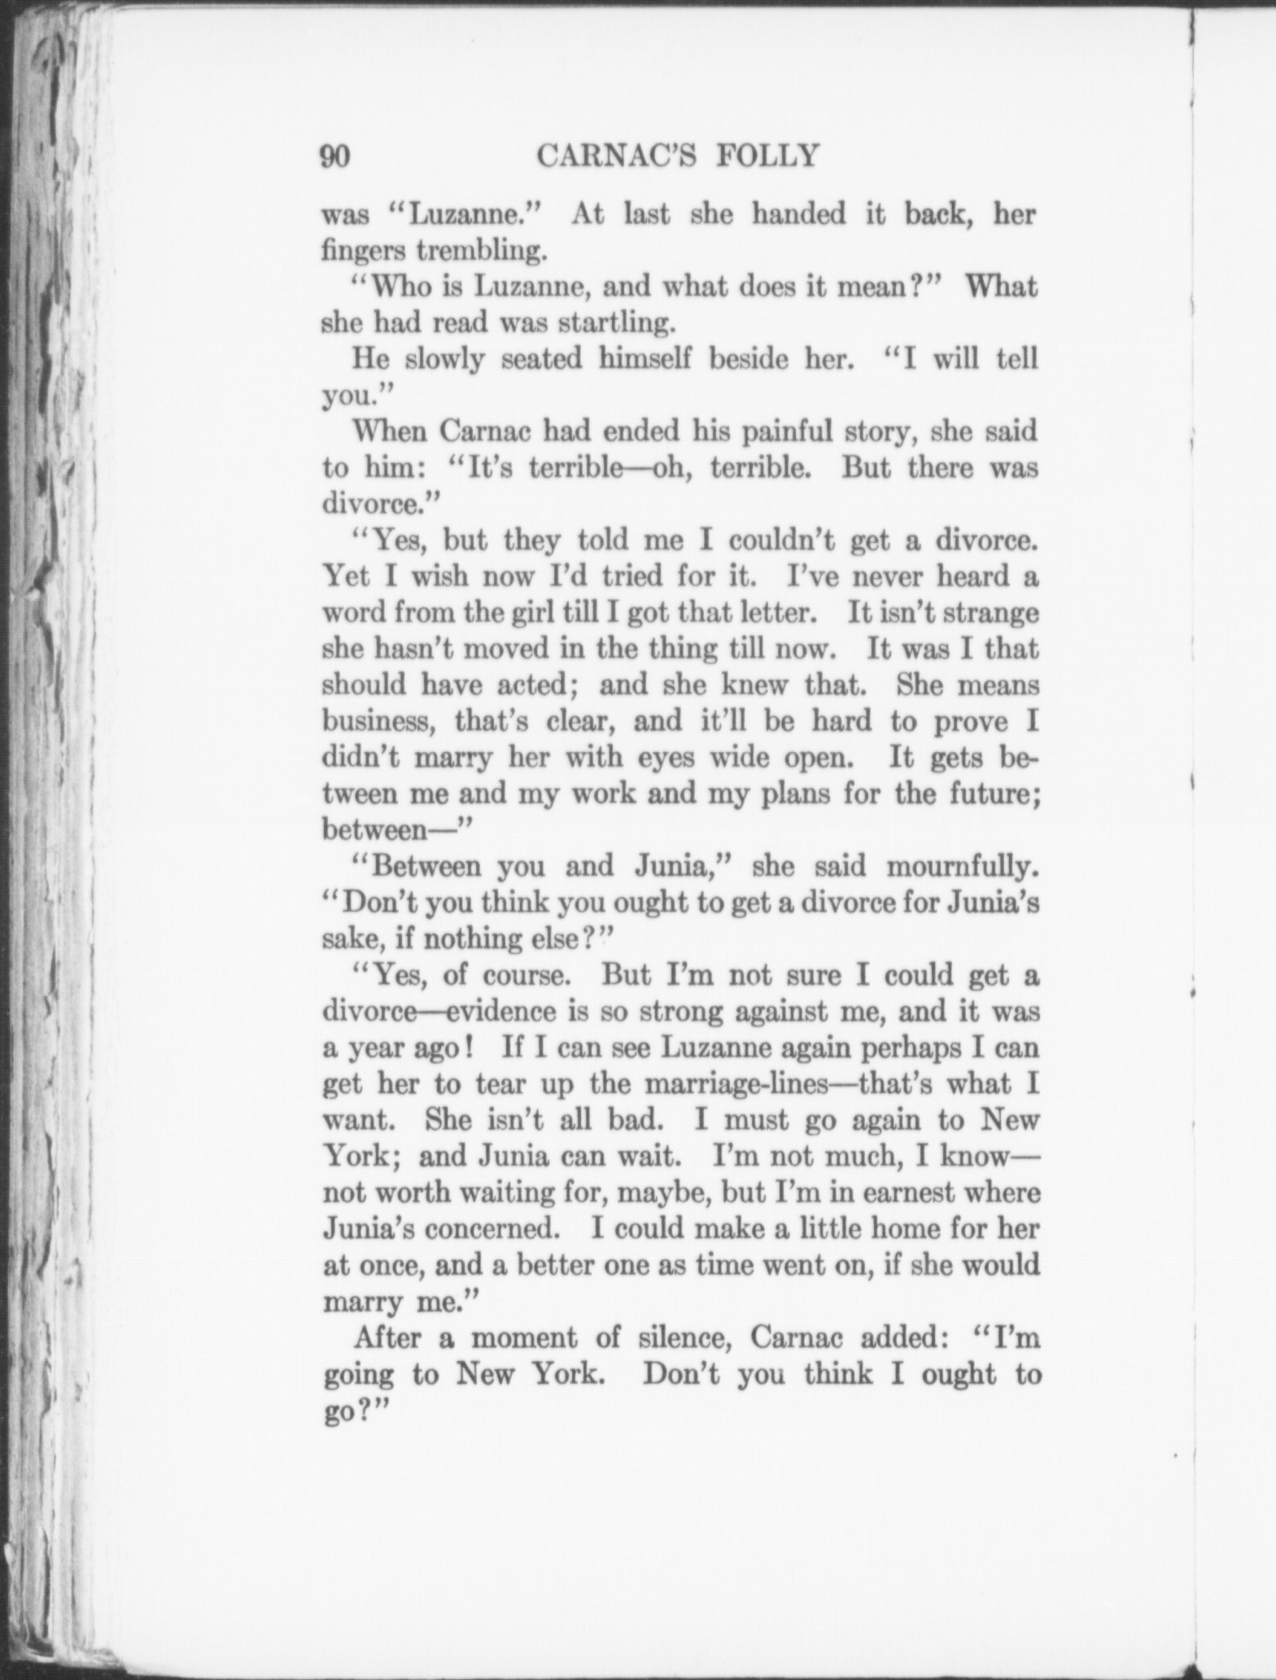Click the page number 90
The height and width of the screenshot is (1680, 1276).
[x=335, y=155]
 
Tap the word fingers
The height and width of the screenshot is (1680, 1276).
[x=361, y=251]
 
